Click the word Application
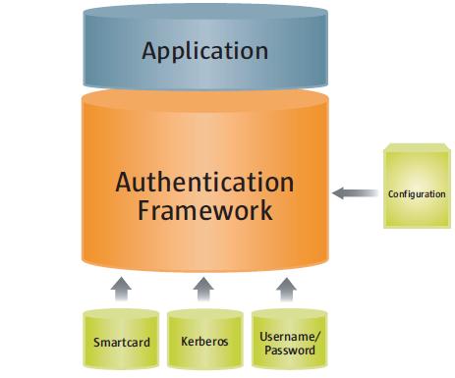(204, 50)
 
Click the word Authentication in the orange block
(204, 183)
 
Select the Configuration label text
(417, 194)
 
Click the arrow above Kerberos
(203, 288)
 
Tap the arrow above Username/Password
(286, 288)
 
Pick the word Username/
(287, 336)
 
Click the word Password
(287, 350)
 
